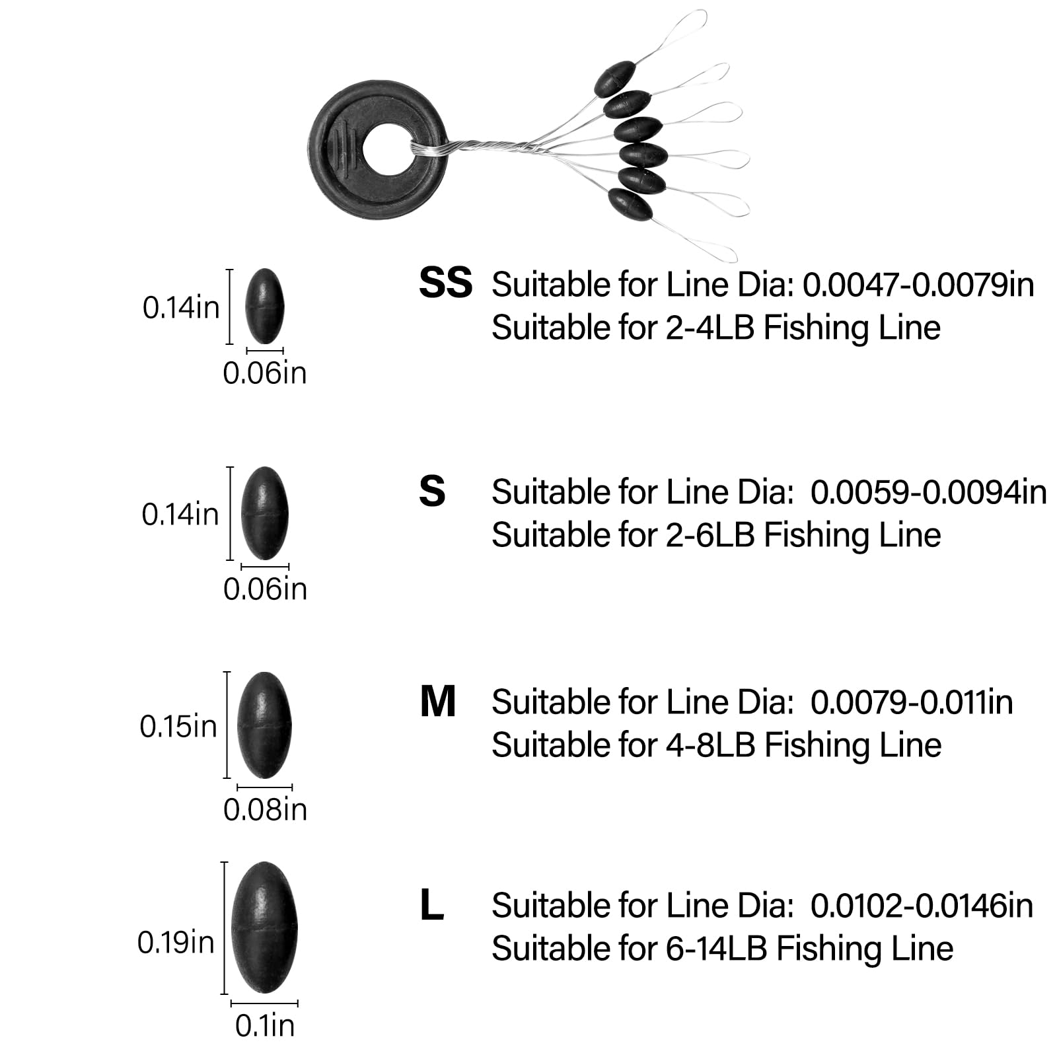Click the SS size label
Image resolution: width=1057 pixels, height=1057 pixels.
point(445,283)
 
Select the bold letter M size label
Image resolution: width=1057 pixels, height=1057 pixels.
point(437,702)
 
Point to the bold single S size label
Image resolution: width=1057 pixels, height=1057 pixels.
point(432,492)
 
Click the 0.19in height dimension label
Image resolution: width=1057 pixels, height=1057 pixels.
point(176,942)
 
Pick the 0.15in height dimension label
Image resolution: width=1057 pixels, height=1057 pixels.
point(178,726)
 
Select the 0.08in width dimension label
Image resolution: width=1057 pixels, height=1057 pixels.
point(265,809)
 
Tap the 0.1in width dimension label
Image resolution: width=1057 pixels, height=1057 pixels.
point(264,1025)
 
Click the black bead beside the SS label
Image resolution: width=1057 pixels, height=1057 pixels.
point(264,306)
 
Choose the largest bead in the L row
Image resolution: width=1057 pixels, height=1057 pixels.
point(264,928)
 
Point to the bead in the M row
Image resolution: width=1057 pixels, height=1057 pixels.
point(264,725)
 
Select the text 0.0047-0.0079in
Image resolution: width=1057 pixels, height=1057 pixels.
point(918,285)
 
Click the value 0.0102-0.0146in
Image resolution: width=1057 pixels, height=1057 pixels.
point(922,905)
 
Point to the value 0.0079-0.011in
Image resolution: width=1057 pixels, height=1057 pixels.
point(912,702)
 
